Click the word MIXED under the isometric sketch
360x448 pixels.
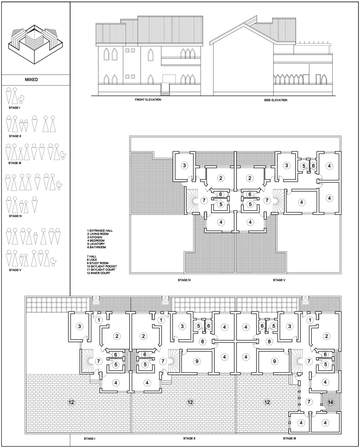pos(31,79)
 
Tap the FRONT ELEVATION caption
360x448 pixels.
pos(148,100)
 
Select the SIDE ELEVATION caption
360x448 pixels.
pos(276,100)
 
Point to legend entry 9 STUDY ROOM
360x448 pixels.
pos(98,263)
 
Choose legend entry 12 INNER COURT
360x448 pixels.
pos(98,273)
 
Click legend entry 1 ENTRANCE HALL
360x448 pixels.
pos(100,231)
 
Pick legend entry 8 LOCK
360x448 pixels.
pos(92,260)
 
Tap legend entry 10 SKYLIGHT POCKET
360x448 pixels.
pos(102,266)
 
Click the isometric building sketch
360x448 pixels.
pos(35,44)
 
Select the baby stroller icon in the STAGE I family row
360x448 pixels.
pos(21,99)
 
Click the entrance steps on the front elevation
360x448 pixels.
pos(165,89)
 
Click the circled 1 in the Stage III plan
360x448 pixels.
pos(310,320)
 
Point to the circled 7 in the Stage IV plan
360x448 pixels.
pos(204,201)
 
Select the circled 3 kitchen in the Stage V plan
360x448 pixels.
pos(286,166)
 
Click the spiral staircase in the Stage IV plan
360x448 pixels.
pos(191,201)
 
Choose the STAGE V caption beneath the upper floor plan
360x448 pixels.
pos(279,280)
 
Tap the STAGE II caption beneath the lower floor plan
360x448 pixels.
pos(189,438)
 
